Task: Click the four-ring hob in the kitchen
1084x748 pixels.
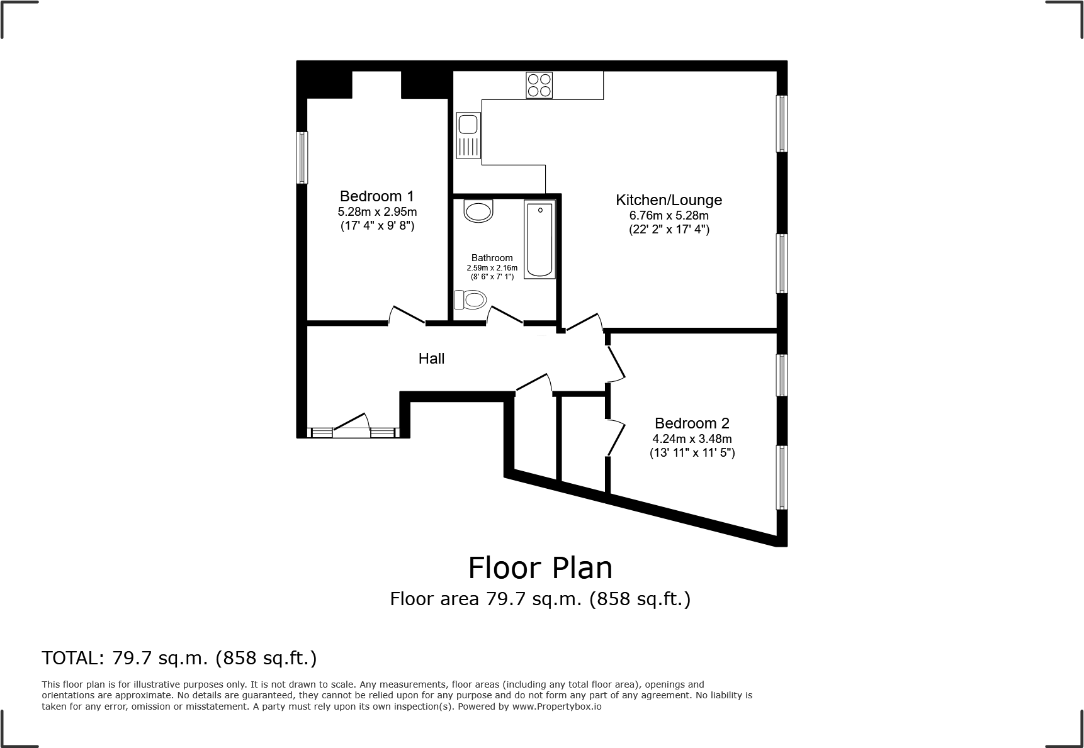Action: [x=539, y=85]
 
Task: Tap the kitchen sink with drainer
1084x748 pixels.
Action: [x=469, y=135]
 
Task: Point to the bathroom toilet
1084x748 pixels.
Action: [x=470, y=299]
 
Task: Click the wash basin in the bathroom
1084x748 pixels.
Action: [x=478, y=211]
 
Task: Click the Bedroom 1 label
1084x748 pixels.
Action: [x=377, y=196]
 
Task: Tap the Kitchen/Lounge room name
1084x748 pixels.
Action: [x=669, y=200]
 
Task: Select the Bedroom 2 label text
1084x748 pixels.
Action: [x=692, y=423]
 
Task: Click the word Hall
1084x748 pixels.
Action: [x=431, y=359]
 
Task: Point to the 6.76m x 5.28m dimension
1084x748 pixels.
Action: [x=669, y=216]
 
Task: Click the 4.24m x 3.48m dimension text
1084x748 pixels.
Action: [x=692, y=439]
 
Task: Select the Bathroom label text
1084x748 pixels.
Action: [x=492, y=258]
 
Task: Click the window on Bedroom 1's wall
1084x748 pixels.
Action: [x=302, y=157]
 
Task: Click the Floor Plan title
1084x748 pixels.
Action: [x=540, y=567]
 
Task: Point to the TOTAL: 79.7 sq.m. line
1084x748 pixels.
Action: [x=179, y=658]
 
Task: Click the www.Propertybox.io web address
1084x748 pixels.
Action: [x=556, y=706]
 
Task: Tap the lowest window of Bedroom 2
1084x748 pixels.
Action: [x=782, y=477]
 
